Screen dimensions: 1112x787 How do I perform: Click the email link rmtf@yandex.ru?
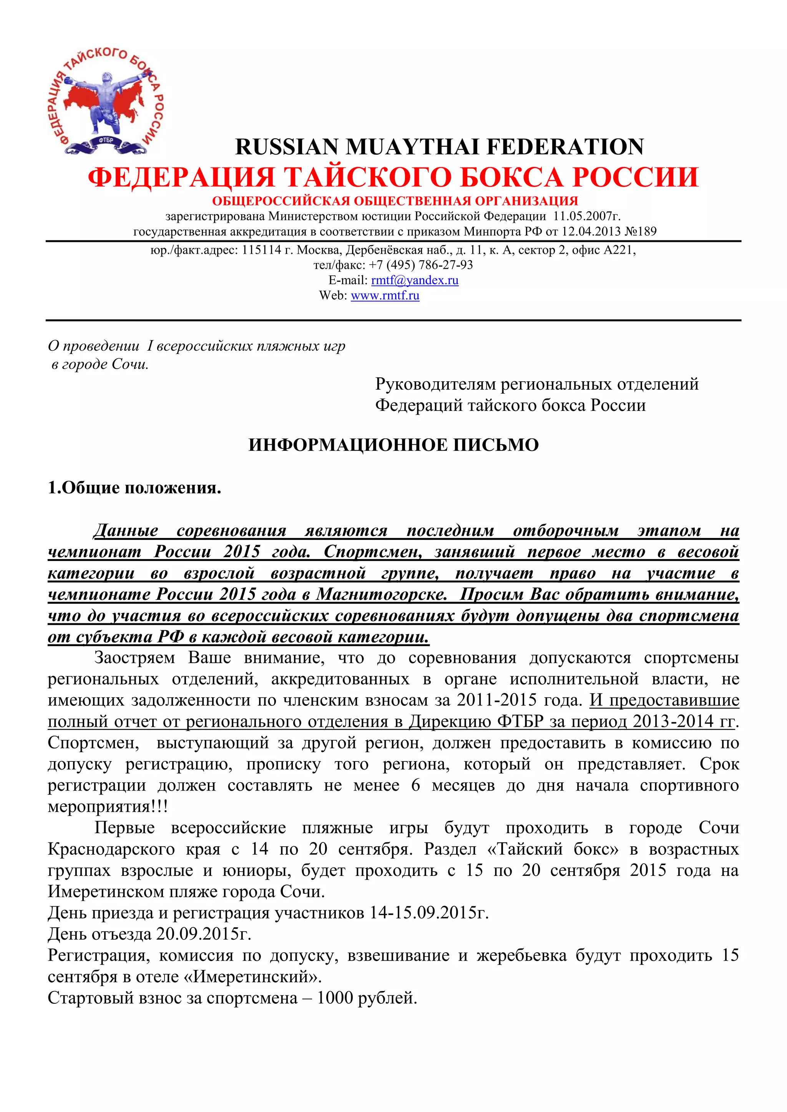pyautogui.click(x=414, y=280)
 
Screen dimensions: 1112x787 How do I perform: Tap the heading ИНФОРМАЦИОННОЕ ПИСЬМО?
pyautogui.click(x=393, y=445)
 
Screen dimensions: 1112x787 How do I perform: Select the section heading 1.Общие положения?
pyautogui.click(x=134, y=488)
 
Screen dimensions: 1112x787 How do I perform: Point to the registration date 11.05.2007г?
pyautogui.click(x=586, y=216)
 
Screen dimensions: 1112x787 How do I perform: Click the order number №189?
pyautogui.click(x=640, y=232)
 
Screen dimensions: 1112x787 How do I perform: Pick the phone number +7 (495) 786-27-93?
pyautogui.click(x=421, y=265)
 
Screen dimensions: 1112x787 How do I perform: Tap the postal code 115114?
pyautogui.click(x=261, y=250)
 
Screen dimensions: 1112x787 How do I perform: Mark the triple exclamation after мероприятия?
pyautogui.click(x=159, y=806)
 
